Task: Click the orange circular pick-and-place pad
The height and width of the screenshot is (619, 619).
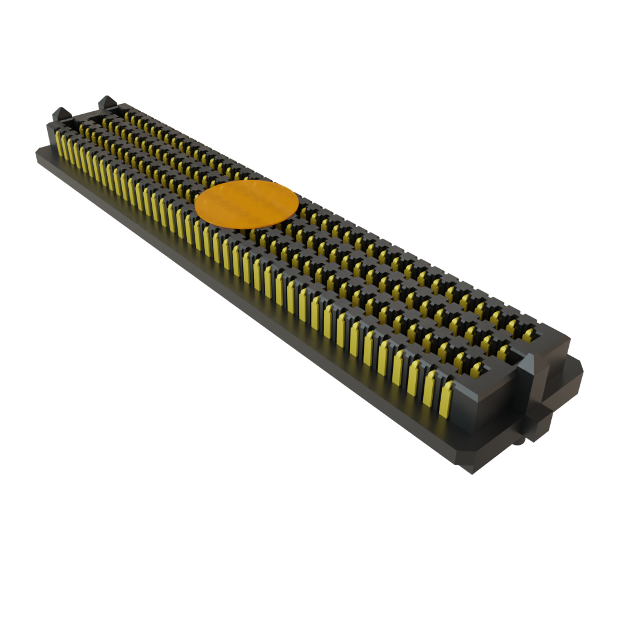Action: [247, 204]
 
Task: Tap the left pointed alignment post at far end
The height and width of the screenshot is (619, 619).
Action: [60, 113]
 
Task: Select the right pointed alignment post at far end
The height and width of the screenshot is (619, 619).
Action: [106, 101]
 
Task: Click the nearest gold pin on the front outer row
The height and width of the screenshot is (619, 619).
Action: [446, 399]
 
